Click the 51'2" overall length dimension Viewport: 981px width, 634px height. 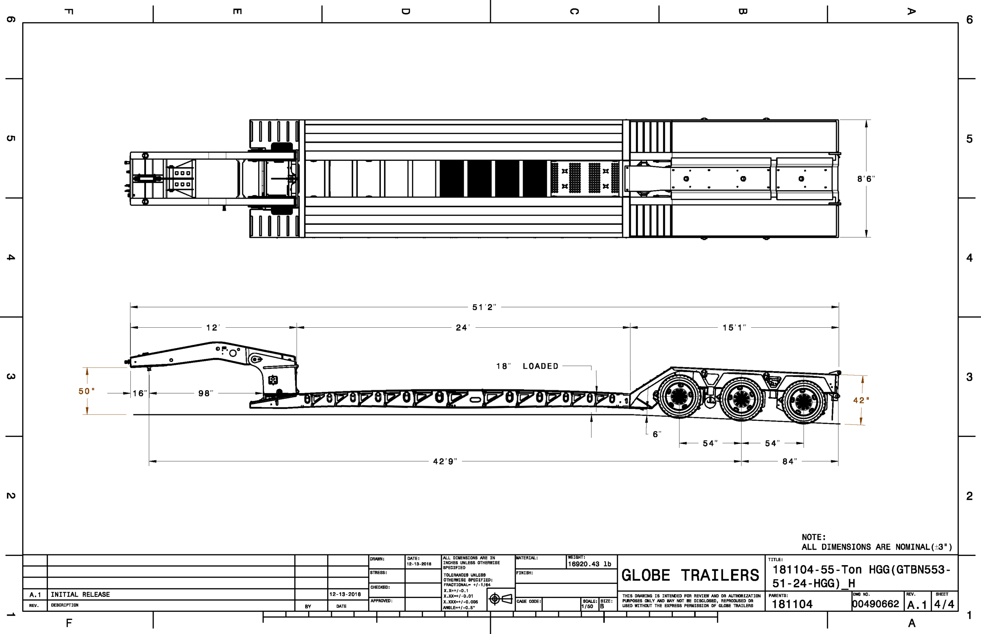tap(484, 307)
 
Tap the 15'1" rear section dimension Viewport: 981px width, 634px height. tap(734, 328)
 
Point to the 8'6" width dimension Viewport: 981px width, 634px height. tap(866, 179)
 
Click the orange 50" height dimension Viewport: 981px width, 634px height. tap(87, 391)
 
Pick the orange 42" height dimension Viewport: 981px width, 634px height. tap(861, 400)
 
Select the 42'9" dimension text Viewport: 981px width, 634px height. tap(445, 461)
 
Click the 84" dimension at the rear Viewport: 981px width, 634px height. tap(790, 461)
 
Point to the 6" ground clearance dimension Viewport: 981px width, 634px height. tap(657, 434)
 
